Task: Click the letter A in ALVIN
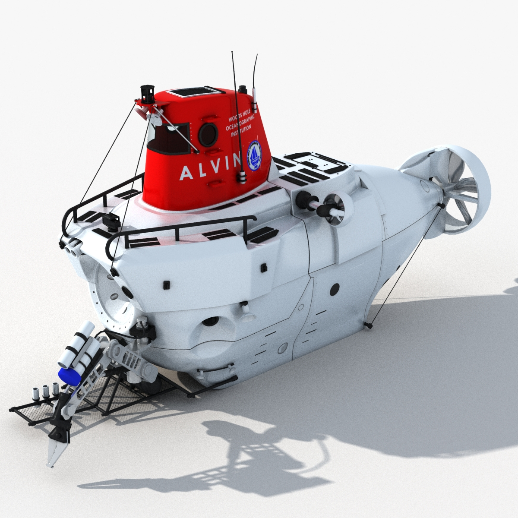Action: click(184, 173)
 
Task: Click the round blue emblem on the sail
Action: click(254, 154)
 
